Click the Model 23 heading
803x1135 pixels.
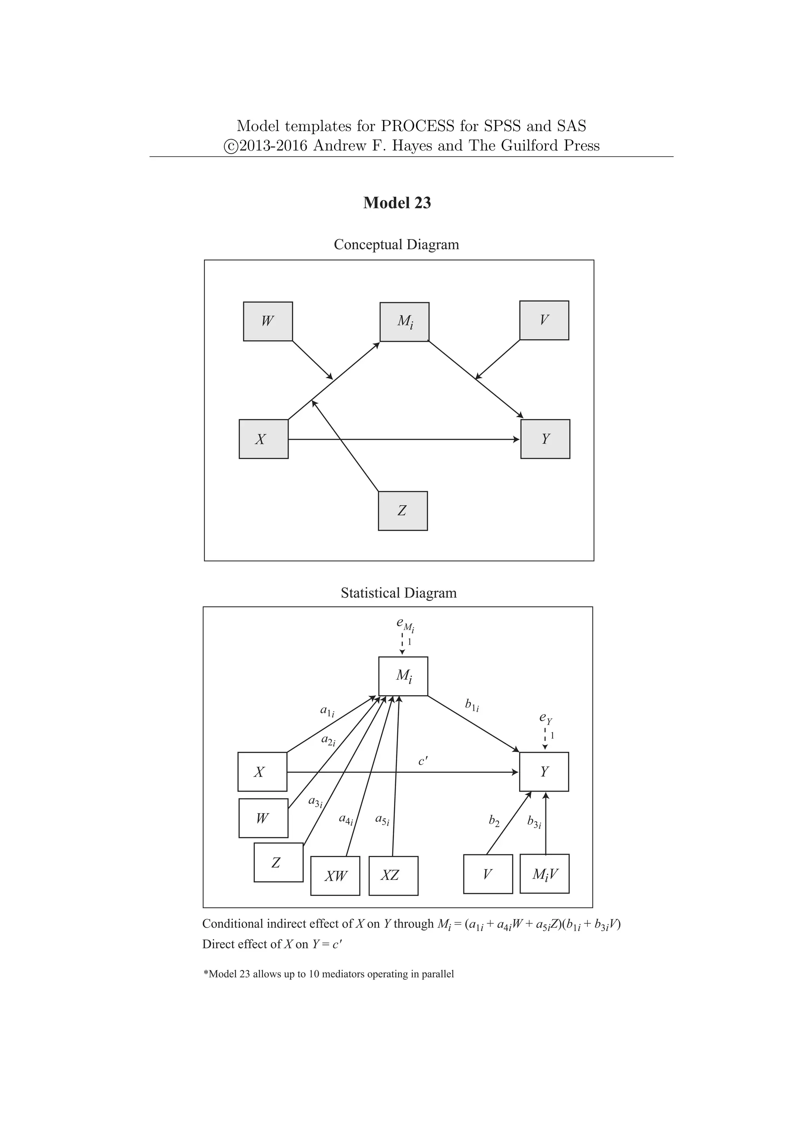click(x=397, y=203)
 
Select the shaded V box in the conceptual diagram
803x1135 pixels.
click(x=544, y=320)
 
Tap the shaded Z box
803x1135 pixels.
click(x=403, y=511)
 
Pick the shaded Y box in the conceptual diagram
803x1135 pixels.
click(x=545, y=439)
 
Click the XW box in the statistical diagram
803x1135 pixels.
click(x=335, y=876)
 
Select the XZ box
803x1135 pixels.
click(x=393, y=876)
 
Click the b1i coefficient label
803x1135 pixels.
click(x=472, y=705)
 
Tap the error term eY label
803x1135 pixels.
click(x=545, y=718)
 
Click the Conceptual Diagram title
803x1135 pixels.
click(x=396, y=244)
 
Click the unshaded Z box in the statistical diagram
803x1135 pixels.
click(x=278, y=863)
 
